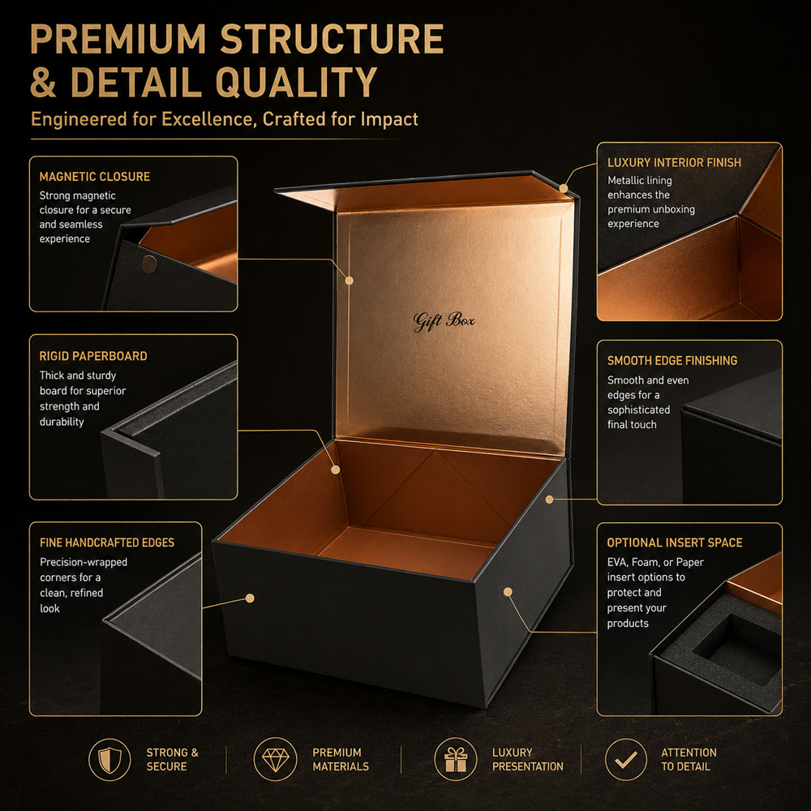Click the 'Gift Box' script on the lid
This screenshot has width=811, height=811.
pyautogui.click(x=444, y=321)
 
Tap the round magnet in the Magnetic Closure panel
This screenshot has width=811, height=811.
pyautogui.click(x=149, y=264)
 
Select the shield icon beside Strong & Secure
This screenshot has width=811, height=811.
pyautogui.click(x=109, y=759)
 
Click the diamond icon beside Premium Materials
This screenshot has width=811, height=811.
pyautogui.click(x=275, y=759)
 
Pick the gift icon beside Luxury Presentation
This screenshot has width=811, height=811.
pyautogui.click(x=455, y=759)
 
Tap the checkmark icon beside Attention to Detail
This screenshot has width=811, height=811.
pyautogui.click(x=626, y=759)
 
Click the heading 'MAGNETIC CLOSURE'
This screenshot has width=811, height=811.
pyautogui.click(x=95, y=177)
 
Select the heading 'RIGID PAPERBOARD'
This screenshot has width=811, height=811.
pyautogui.click(x=93, y=356)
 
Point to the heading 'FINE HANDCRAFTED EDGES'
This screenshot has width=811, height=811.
pyautogui.click(x=107, y=543)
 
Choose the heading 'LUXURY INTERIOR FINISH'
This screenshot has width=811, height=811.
pyautogui.click(x=674, y=162)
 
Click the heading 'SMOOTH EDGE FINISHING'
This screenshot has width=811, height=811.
pyautogui.click(x=672, y=361)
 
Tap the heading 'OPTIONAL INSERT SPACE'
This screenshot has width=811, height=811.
pyautogui.click(x=675, y=543)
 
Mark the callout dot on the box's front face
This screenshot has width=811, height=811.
pyautogui.click(x=250, y=599)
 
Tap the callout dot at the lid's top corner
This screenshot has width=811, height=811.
pyautogui.click(x=564, y=188)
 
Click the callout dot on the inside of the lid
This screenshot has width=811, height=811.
pyautogui.click(x=349, y=281)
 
